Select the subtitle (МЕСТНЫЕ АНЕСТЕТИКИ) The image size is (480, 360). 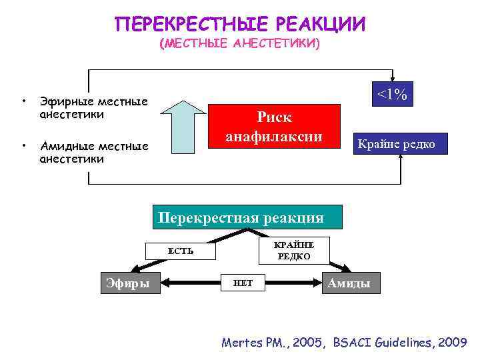click(x=240, y=44)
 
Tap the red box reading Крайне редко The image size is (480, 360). click(x=397, y=144)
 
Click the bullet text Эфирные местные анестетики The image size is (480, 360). click(x=93, y=108)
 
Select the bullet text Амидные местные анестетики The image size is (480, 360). click(x=94, y=152)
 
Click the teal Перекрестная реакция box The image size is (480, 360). click(x=247, y=217)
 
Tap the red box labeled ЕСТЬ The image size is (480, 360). click(x=181, y=251)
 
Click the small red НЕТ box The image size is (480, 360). click(x=242, y=283)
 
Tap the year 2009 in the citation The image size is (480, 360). click(x=453, y=343)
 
